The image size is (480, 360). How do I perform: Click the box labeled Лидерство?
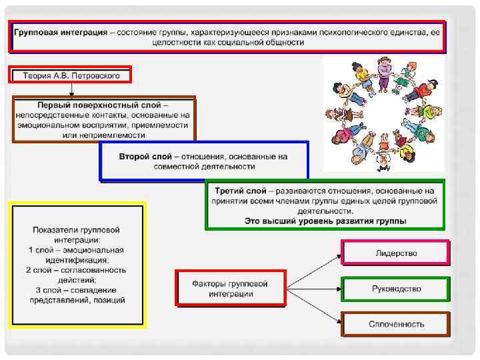[395, 253]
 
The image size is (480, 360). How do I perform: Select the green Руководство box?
[395, 289]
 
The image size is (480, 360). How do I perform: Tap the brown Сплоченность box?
[395, 324]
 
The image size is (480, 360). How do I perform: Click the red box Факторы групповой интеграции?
[230, 288]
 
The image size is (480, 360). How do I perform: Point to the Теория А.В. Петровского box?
[71, 75]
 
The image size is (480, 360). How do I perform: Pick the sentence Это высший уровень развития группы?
[325, 221]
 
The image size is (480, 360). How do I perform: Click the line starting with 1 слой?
[76, 250]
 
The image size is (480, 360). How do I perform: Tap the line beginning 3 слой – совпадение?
[76, 290]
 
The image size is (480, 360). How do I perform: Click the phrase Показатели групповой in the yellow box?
[76, 230]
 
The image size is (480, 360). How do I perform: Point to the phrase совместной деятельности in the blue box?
[203, 167]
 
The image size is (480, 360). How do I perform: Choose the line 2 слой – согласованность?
[76, 270]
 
